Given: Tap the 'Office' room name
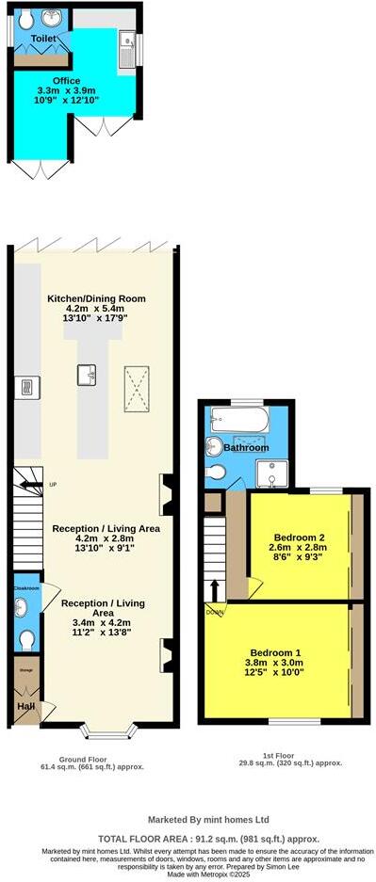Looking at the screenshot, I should click(x=66, y=80).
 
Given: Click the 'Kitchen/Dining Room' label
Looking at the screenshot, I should click(x=97, y=298).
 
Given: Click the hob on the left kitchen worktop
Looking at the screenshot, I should click(x=26, y=386).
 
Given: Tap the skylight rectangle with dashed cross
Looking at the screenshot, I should click(x=137, y=389).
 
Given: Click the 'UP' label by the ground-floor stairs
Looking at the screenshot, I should click(x=53, y=485).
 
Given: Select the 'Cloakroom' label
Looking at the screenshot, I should click(x=26, y=588).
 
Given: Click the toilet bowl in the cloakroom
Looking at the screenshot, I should click(x=26, y=639).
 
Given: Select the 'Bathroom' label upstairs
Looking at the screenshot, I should click(x=247, y=447).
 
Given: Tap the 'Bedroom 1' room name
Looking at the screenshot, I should click(x=275, y=652).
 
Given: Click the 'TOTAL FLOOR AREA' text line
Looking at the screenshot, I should click(x=208, y=838).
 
